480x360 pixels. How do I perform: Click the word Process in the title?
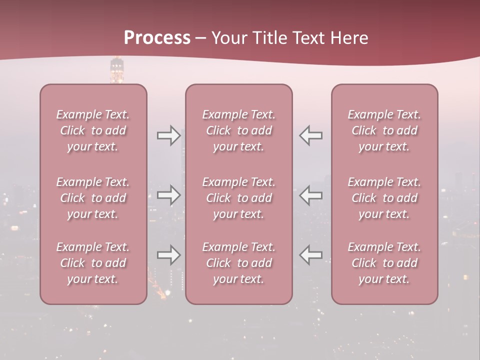click(157, 38)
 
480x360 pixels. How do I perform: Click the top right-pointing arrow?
click(168, 135)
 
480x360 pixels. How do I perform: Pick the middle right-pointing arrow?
click(168, 195)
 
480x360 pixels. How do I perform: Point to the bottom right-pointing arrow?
click(168, 255)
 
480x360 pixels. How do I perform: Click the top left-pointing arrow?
click(311, 135)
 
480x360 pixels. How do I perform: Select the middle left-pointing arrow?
click(311, 195)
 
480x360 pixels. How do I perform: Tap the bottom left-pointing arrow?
click(311, 255)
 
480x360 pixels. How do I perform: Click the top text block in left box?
click(93, 130)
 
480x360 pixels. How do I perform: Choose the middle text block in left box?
click(93, 198)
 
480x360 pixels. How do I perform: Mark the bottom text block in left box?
click(93, 263)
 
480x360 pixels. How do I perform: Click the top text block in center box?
click(239, 130)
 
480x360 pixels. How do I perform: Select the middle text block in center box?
click(239, 198)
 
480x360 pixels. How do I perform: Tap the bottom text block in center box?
click(239, 263)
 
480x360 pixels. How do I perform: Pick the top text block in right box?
click(384, 130)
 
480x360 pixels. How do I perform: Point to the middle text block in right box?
click(384, 198)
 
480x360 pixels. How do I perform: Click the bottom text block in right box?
click(384, 263)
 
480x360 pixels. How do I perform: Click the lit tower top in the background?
click(116, 69)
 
